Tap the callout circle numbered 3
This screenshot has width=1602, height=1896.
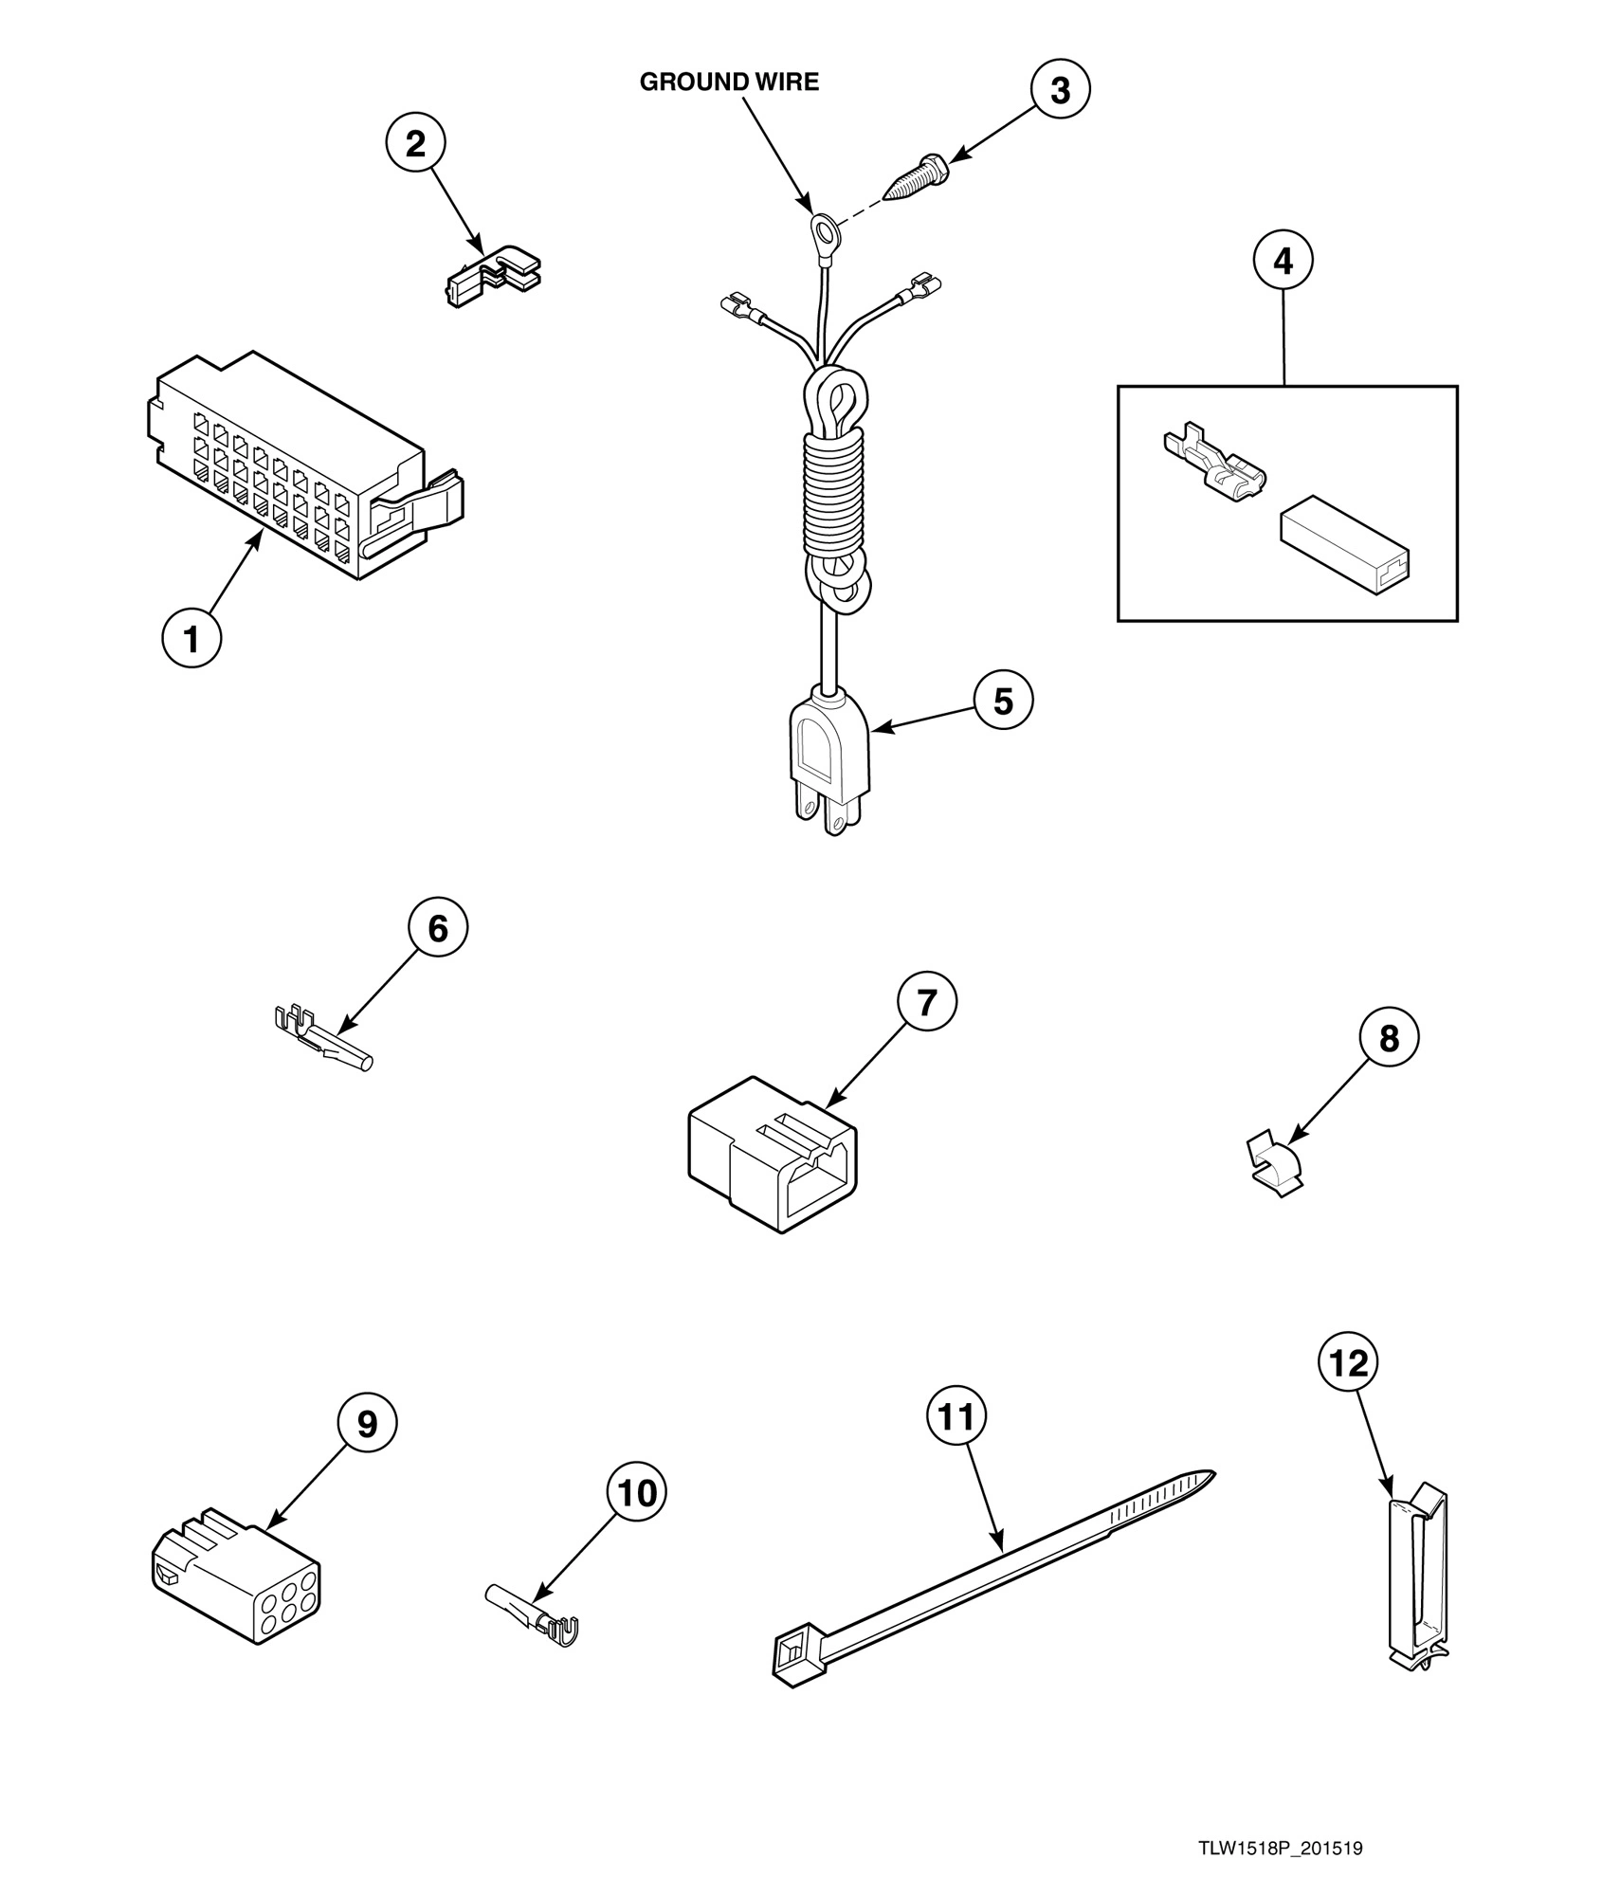1060,90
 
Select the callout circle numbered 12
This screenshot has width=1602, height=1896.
1349,1363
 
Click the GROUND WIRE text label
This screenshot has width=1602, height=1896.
729,82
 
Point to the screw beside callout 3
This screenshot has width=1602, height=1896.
915,177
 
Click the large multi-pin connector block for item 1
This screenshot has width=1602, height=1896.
303,469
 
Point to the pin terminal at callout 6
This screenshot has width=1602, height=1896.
322,1039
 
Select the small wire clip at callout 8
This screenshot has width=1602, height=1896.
1274,1164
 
